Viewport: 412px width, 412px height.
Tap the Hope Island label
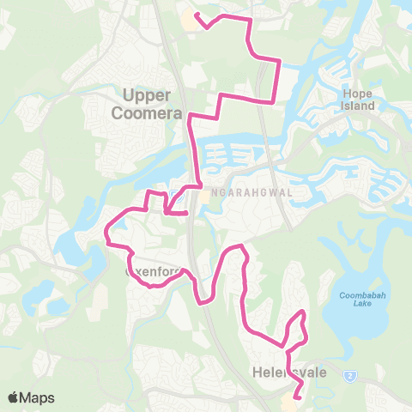coord(359,99)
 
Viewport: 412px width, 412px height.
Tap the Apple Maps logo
coord(31,397)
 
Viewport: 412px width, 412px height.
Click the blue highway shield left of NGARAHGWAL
coord(175,192)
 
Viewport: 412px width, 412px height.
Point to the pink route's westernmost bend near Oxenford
coord(106,230)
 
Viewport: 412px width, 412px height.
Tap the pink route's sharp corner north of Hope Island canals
coord(279,60)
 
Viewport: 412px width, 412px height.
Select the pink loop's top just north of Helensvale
coord(302,312)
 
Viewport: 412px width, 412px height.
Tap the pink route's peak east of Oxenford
coord(239,249)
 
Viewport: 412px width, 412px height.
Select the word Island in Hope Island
coord(359,106)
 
